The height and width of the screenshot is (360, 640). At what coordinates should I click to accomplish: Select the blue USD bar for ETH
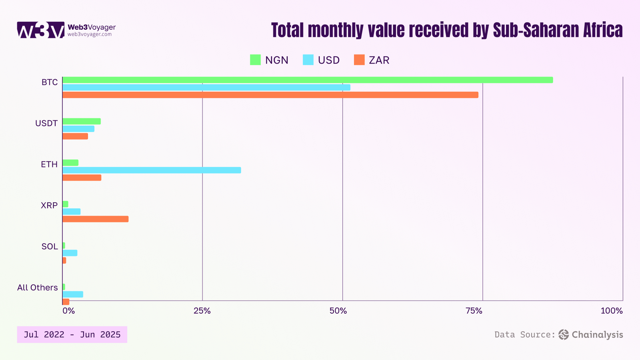pos(152,170)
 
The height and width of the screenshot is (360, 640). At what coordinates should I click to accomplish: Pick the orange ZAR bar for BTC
pos(270,95)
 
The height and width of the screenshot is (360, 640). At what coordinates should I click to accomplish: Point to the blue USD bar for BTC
pos(206,87)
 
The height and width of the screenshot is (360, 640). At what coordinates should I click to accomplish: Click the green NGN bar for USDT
pos(82,121)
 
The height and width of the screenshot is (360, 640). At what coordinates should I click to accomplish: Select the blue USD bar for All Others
pos(73,294)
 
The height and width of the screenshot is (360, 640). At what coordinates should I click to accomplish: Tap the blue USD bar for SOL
pos(70,253)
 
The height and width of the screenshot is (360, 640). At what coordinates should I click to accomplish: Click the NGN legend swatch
pos(255,60)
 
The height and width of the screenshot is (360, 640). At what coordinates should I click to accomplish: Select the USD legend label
pos(329,60)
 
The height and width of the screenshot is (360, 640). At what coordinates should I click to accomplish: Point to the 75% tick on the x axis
pos(474,311)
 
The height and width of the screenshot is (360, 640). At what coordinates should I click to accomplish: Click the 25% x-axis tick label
pos(202,311)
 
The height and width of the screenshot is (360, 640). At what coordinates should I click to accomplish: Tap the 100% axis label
pos(612,311)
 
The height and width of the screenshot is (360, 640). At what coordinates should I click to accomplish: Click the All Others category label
pos(37,288)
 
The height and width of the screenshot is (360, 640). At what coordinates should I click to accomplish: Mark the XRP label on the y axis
pos(49,205)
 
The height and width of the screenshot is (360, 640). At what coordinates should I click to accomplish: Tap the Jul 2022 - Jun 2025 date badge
pos(72,334)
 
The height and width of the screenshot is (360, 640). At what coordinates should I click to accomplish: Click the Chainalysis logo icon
pos(564,334)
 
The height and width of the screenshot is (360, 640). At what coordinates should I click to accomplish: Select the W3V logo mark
pos(40,30)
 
